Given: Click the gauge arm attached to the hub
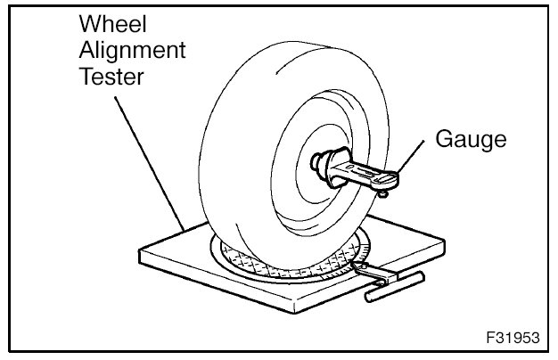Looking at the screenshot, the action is [365, 174].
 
